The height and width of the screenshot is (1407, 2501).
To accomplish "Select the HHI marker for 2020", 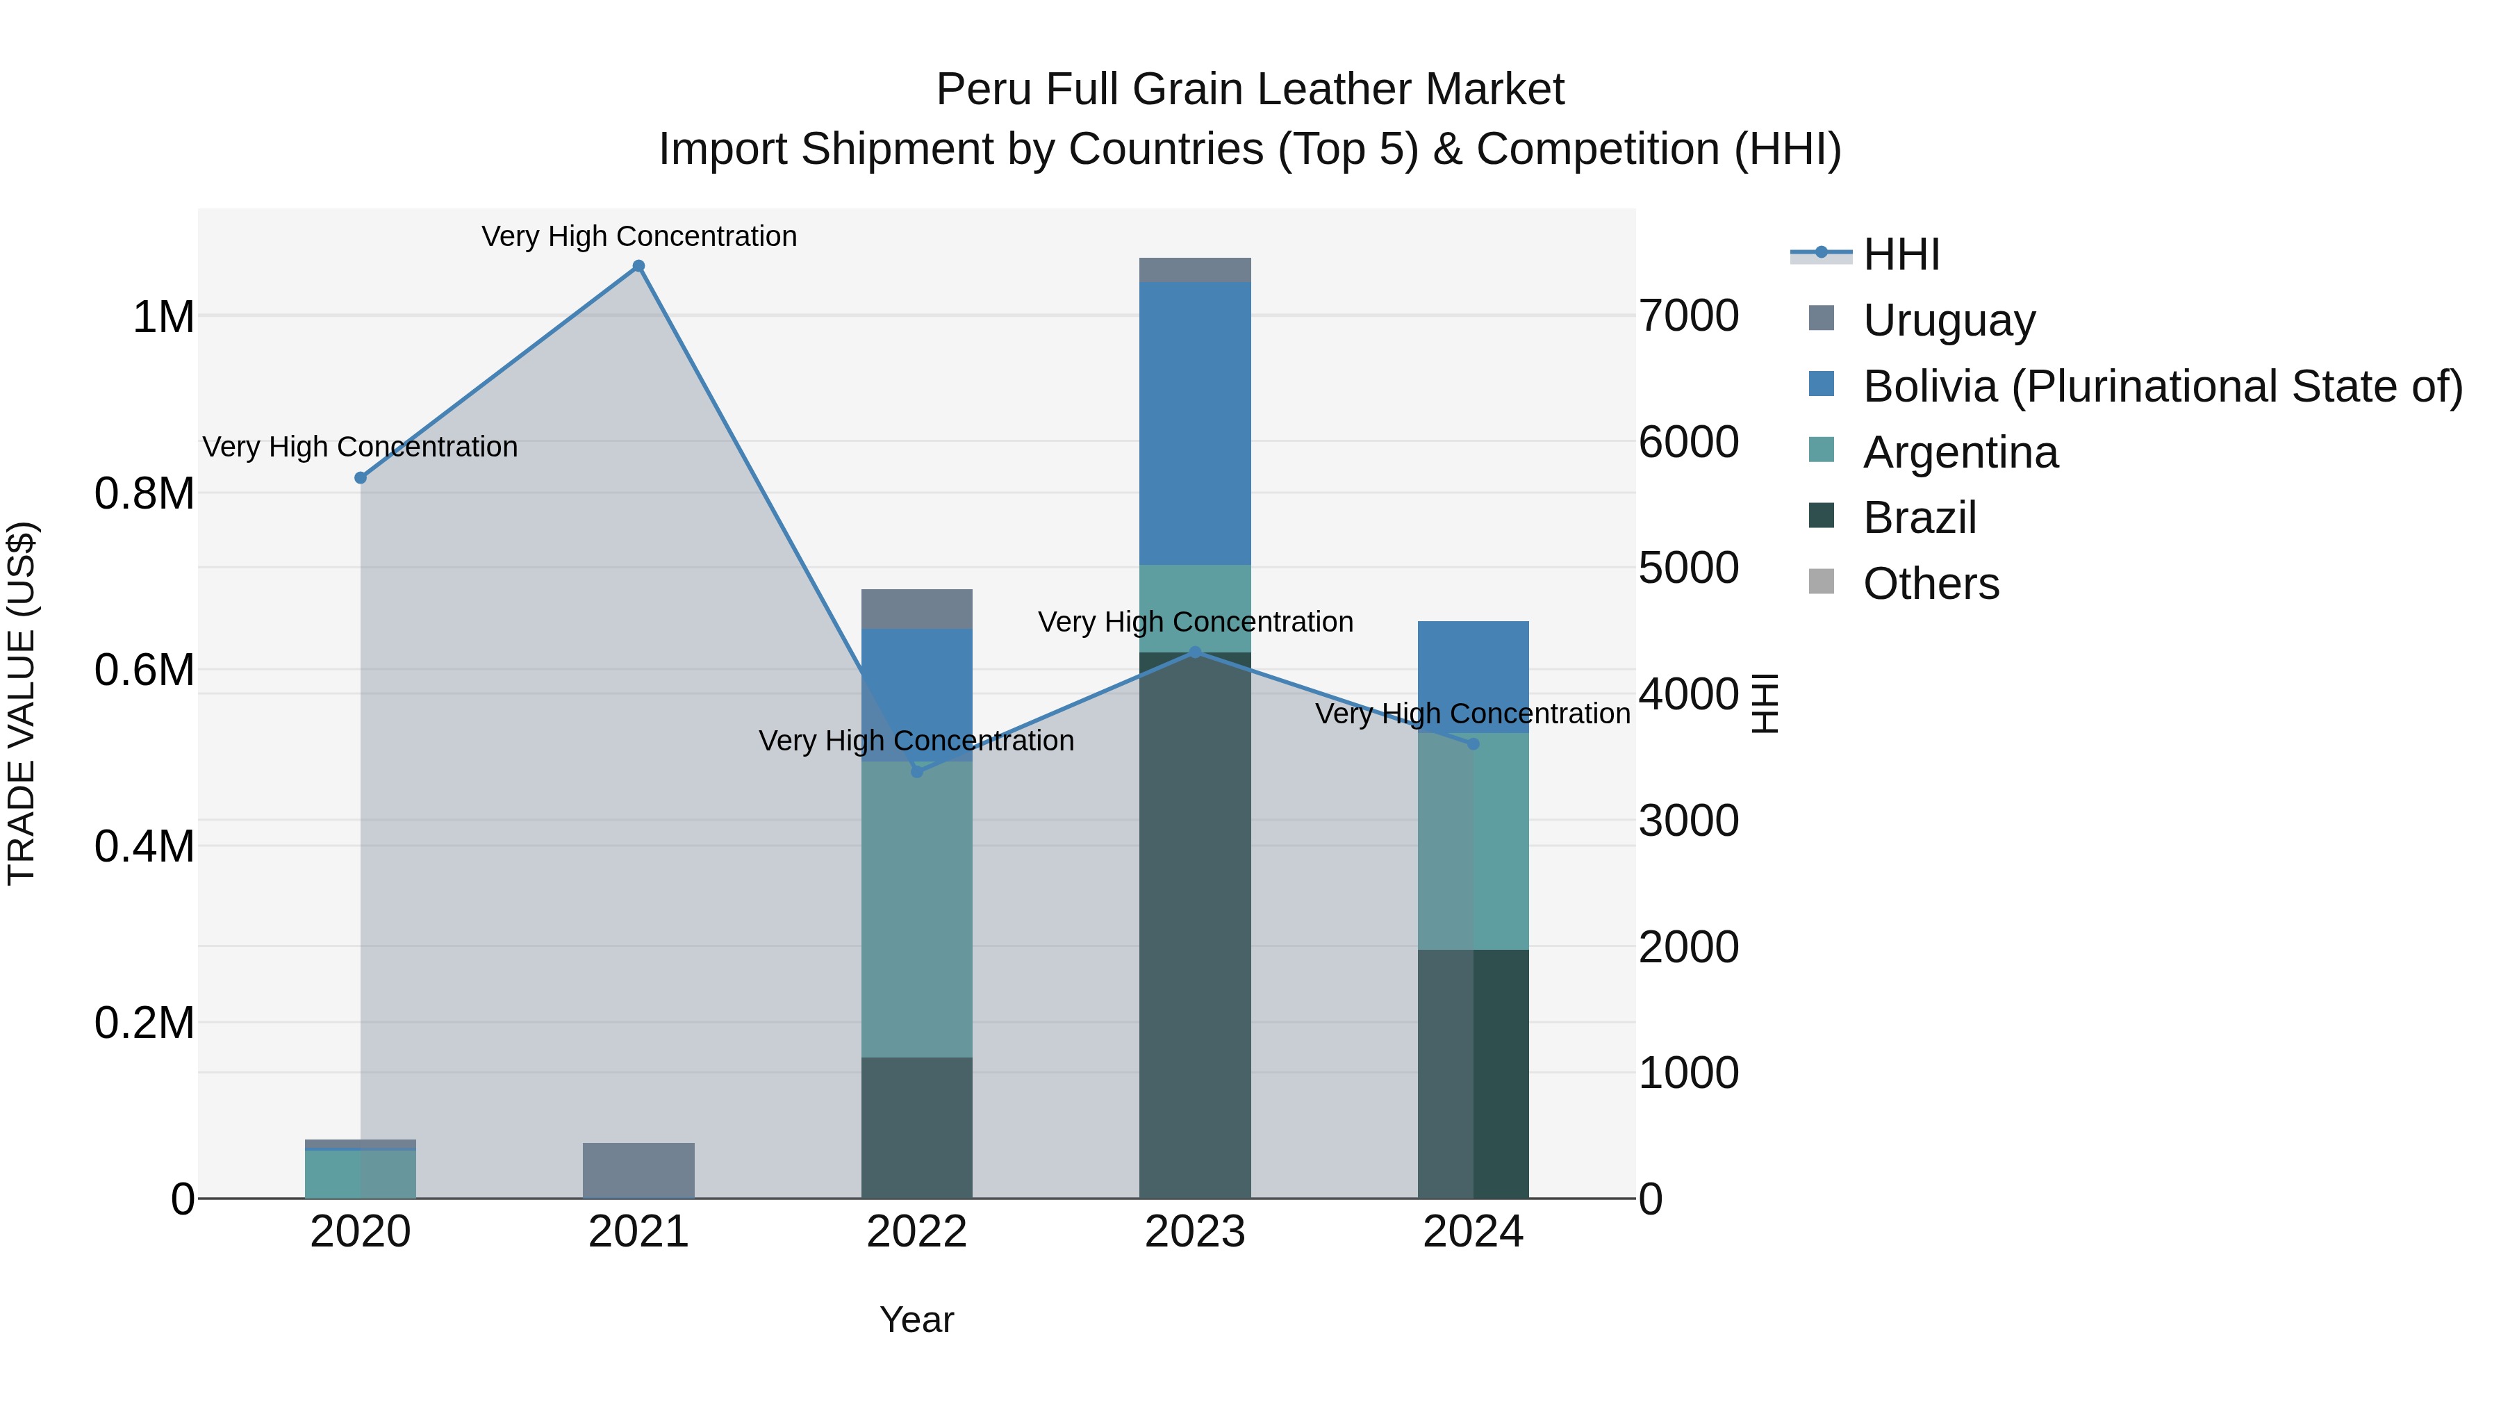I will pyautogui.click(x=360, y=478).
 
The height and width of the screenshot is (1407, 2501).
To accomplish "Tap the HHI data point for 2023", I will pyautogui.click(x=1195, y=652).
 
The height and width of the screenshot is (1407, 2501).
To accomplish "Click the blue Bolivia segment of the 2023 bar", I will pyautogui.click(x=1195, y=422).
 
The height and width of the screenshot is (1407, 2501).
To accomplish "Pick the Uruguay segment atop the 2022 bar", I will pyautogui.click(x=916, y=609).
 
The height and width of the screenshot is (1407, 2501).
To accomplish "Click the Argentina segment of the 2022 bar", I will pyautogui.click(x=916, y=908).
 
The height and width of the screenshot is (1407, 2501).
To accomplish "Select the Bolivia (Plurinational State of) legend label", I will pyautogui.click(x=2162, y=386).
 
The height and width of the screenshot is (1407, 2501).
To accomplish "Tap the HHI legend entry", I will pyautogui.click(x=1900, y=254).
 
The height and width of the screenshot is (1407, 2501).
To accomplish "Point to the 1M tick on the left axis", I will pyautogui.click(x=163, y=318).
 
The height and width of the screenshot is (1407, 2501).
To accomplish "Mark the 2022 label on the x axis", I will pyautogui.click(x=916, y=1232).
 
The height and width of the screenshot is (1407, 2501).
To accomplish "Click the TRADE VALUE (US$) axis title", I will pyautogui.click(x=22, y=703).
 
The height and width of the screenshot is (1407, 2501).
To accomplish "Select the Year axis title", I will pyautogui.click(x=916, y=1319).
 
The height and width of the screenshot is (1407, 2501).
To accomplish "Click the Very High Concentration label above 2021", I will pyautogui.click(x=639, y=236).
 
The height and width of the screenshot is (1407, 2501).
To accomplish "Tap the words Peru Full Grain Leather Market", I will pyautogui.click(x=1250, y=90).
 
